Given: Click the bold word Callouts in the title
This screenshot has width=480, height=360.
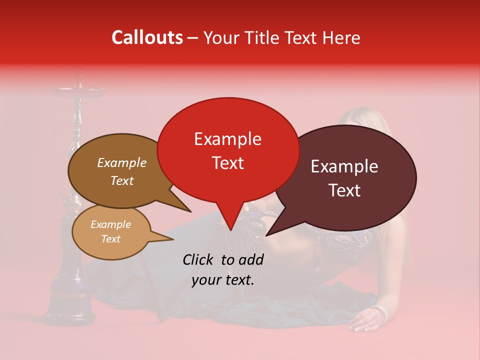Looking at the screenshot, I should point(147,37).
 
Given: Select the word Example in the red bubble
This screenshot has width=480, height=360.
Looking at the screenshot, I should point(227,139).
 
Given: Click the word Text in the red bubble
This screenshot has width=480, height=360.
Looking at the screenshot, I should point(227,163).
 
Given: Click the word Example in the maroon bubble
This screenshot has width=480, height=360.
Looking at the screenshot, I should point(344,166).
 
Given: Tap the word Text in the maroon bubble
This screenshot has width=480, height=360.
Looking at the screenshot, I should point(344,190).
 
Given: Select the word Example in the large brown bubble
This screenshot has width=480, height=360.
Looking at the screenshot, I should point(121,162).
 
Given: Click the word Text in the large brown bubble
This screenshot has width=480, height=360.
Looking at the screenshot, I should point(121,180).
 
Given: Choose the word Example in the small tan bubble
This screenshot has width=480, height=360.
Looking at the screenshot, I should point(110,224).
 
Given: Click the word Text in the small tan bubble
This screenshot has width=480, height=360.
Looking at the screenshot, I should point(110,239).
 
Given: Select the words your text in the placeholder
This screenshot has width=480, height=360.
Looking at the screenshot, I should point(223,280).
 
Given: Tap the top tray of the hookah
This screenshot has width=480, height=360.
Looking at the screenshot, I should point(78,91).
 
